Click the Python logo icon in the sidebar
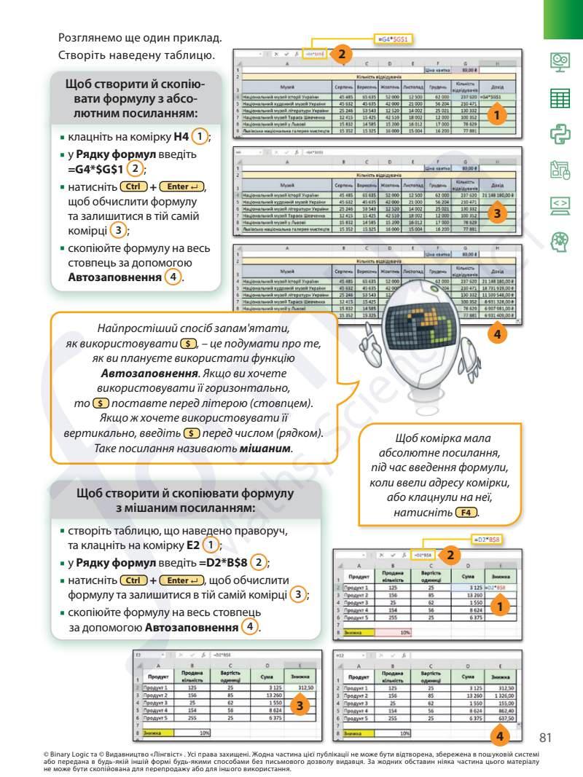(560, 133)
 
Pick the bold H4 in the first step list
(183, 136)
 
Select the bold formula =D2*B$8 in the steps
(221, 562)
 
